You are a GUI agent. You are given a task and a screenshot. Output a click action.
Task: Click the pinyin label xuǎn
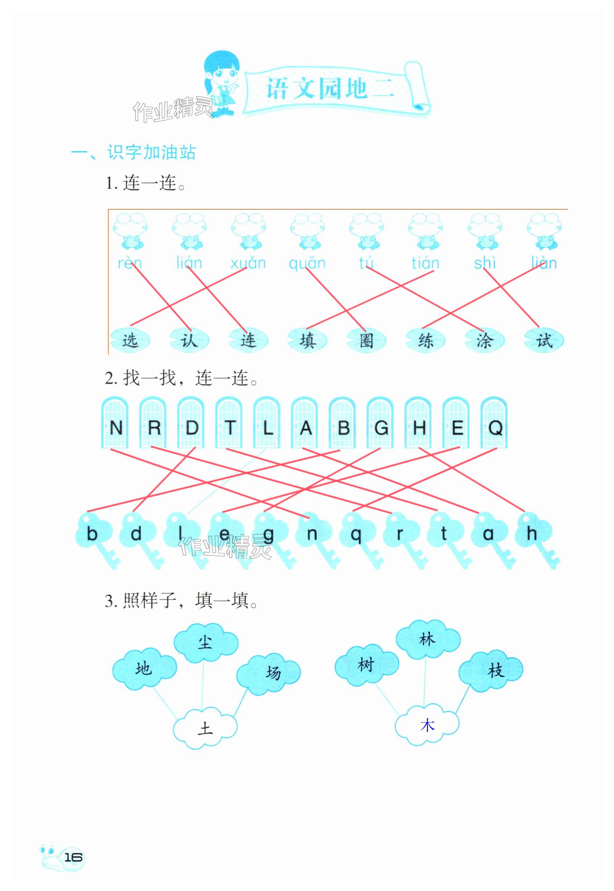pyautogui.click(x=248, y=263)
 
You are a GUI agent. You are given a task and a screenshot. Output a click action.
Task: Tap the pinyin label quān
pyautogui.click(x=307, y=263)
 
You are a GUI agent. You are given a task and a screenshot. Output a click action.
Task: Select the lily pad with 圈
pyautogui.click(x=366, y=340)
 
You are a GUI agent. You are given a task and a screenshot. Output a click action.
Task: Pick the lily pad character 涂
pyautogui.click(x=484, y=340)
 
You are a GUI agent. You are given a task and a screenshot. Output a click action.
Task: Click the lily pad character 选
pyautogui.click(x=130, y=340)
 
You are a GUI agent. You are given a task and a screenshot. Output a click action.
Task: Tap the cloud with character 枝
pyautogui.click(x=494, y=671)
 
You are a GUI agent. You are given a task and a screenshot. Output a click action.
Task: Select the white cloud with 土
pyautogui.click(x=205, y=728)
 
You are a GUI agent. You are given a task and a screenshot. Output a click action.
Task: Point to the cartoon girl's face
pyautogui.click(x=224, y=74)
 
